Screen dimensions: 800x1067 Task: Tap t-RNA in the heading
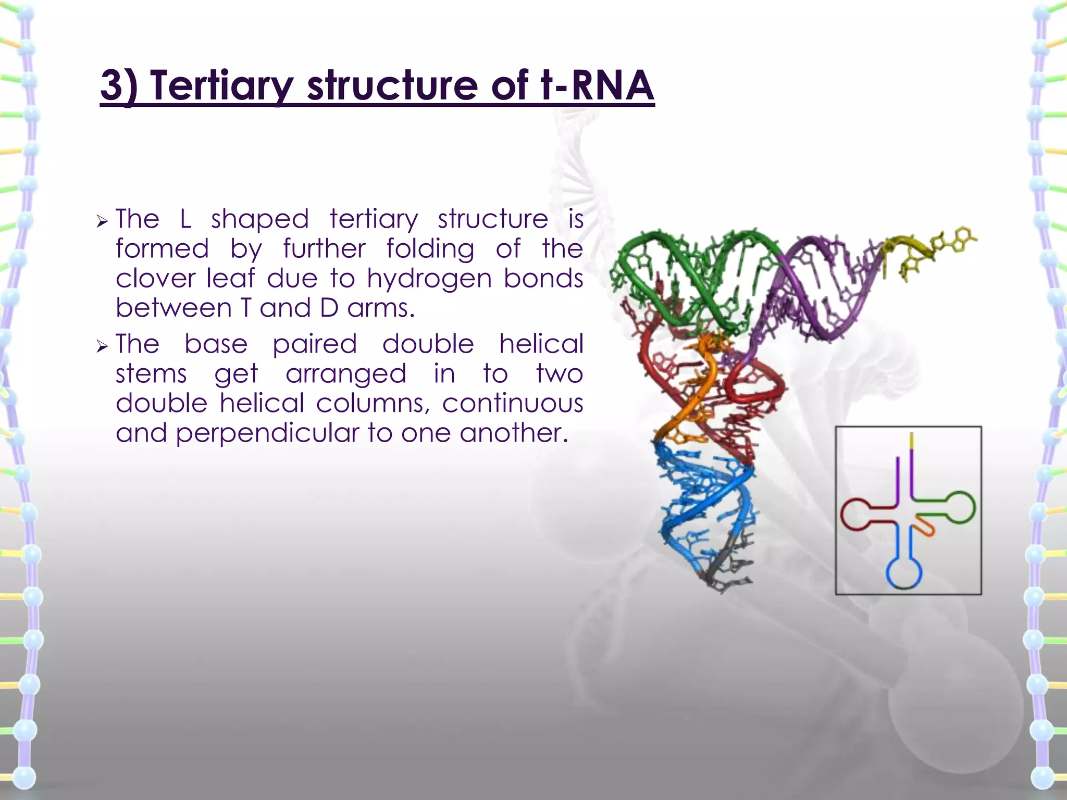click(597, 85)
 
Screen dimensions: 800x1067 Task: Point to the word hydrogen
click(429, 279)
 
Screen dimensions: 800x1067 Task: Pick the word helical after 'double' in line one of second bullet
click(541, 344)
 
